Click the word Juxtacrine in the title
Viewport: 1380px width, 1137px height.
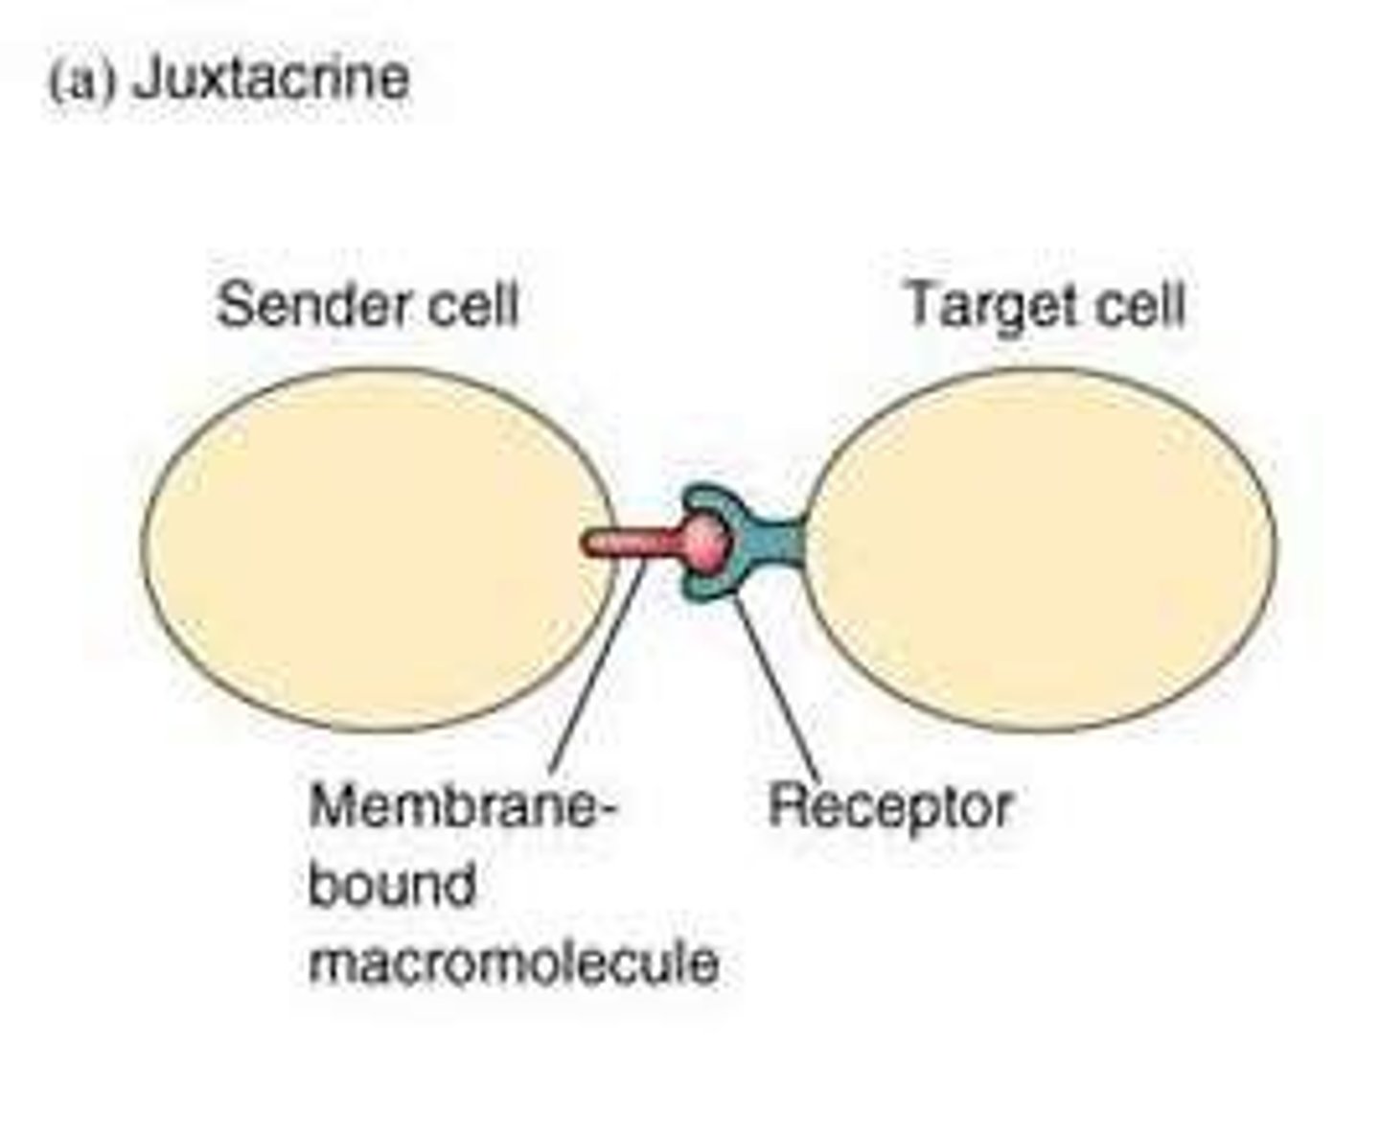click(271, 77)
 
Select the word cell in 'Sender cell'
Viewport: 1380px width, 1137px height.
click(469, 305)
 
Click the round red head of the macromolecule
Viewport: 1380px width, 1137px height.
click(709, 543)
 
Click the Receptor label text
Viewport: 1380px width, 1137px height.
click(889, 807)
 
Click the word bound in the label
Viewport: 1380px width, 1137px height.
click(391, 884)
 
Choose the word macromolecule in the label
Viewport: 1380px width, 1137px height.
click(513, 961)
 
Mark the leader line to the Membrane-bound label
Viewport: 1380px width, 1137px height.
click(596, 671)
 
